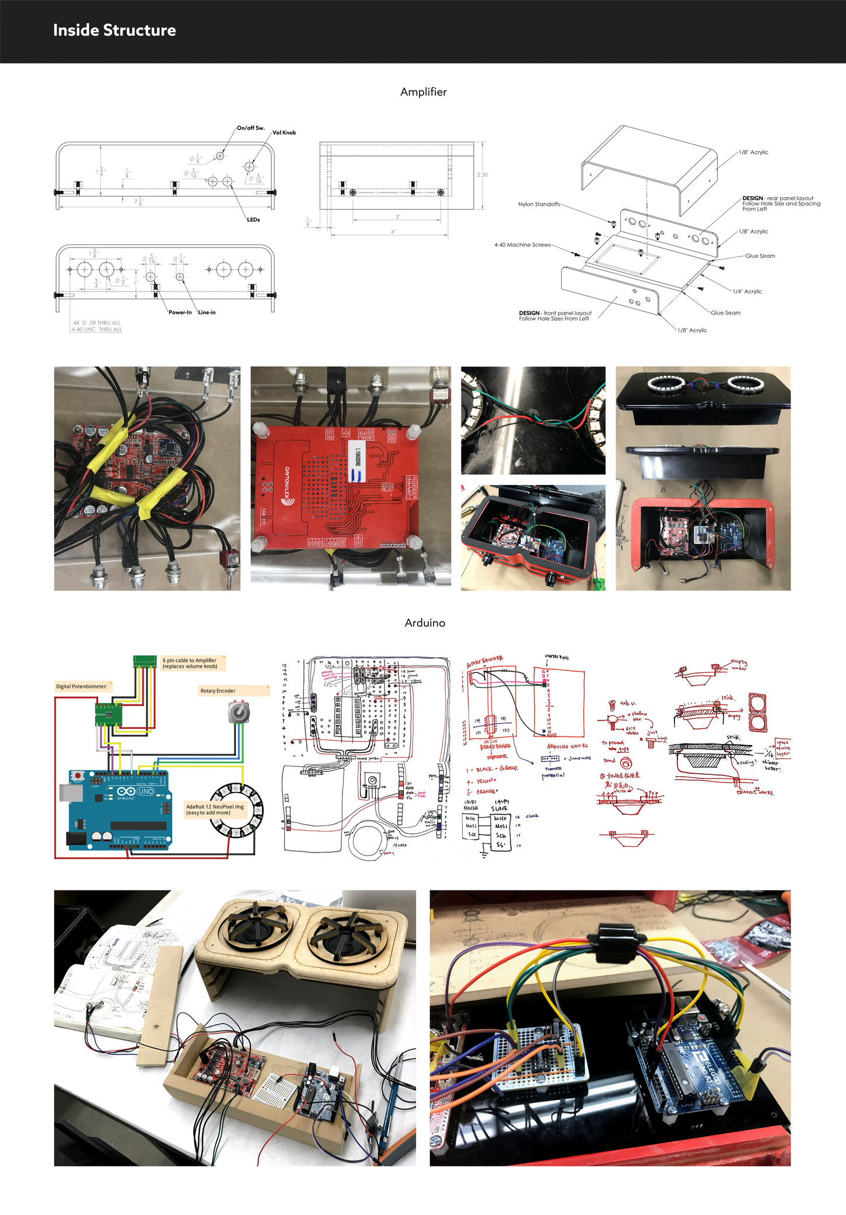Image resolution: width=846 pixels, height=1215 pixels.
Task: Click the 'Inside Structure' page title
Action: (114, 30)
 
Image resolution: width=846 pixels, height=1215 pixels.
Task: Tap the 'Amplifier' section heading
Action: (424, 92)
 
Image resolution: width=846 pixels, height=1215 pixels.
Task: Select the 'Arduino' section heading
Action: (425, 623)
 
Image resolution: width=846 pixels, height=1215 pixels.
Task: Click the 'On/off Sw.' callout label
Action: (251, 128)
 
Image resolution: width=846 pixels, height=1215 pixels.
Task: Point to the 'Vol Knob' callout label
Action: (284, 133)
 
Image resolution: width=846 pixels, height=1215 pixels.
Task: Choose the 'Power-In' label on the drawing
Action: (180, 312)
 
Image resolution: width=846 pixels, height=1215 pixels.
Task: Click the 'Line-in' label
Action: (207, 312)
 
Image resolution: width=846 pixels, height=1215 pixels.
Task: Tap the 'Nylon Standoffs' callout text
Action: (539, 204)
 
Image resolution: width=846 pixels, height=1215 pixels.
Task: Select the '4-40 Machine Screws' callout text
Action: (523, 245)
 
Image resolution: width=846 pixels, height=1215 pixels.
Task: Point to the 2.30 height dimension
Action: (483, 175)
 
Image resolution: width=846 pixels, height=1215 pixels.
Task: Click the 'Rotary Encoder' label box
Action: (233, 691)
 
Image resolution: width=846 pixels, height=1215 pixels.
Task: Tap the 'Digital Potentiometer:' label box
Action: (82, 686)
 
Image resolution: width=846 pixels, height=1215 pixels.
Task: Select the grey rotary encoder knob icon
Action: (239, 712)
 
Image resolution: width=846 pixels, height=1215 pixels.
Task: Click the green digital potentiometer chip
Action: (109, 714)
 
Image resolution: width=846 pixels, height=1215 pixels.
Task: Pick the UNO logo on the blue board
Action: (145, 791)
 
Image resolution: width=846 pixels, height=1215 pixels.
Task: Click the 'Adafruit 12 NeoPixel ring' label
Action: (215, 809)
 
